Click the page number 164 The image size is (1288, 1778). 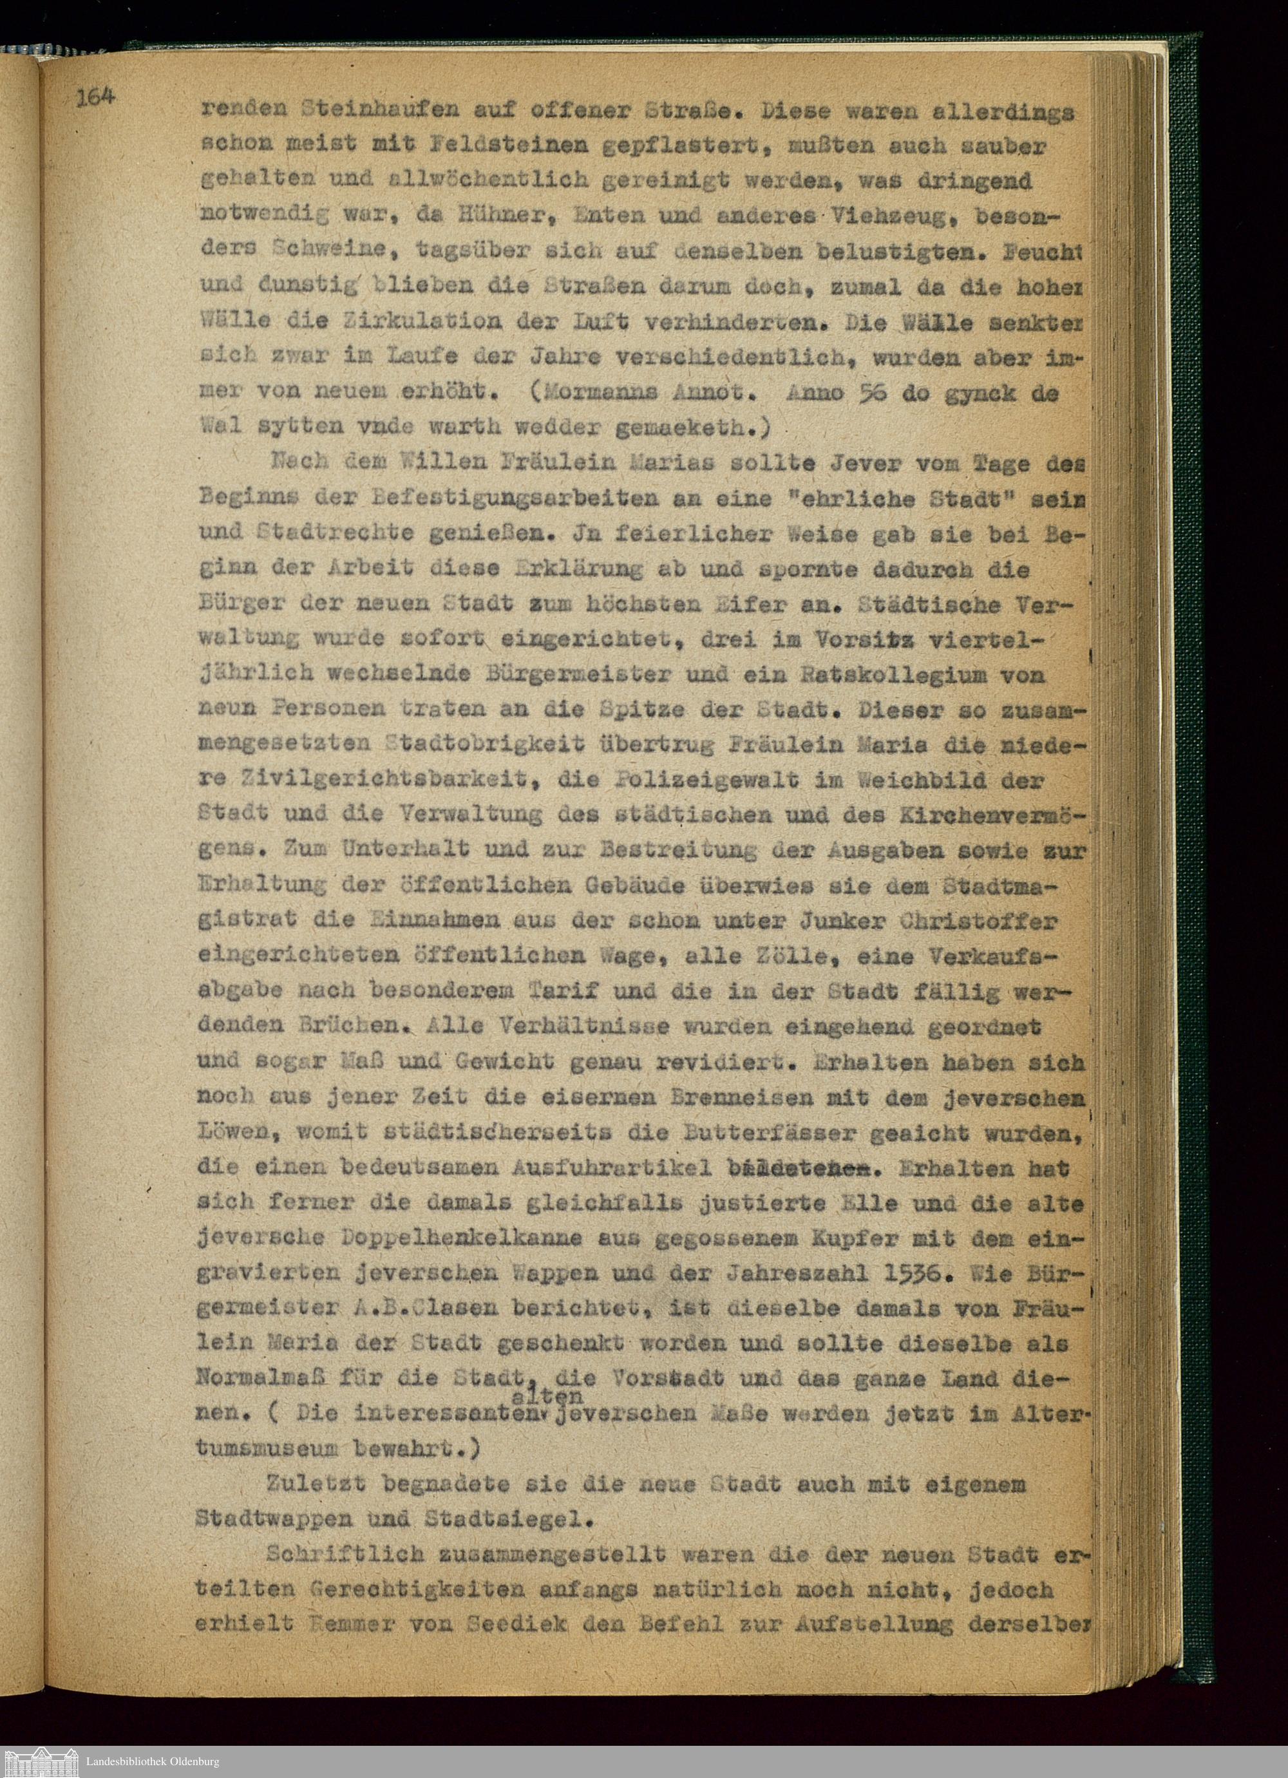pos(97,98)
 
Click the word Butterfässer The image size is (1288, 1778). pos(784,1132)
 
